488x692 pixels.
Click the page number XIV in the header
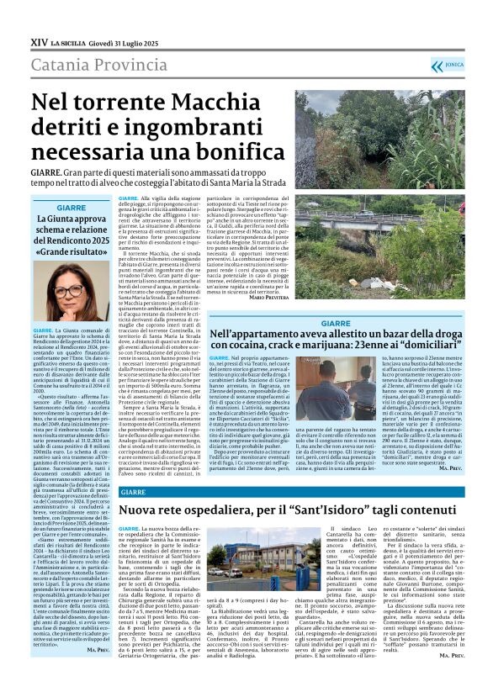[x=39, y=40]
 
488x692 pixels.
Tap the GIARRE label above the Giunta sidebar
[x=72, y=207]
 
